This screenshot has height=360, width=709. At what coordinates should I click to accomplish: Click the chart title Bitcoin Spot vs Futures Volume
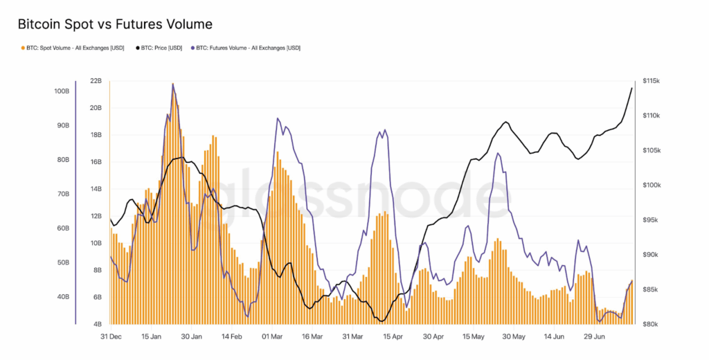coord(115,24)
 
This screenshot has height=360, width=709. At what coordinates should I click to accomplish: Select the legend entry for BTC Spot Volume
coord(73,48)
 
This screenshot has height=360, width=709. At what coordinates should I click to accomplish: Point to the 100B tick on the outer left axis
coord(62,91)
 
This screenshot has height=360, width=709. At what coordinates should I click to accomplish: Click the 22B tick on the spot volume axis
coord(96,81)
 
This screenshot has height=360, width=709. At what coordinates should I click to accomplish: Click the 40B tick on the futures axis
coord(62,297)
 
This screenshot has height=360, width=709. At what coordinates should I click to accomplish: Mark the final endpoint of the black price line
coord(631,88)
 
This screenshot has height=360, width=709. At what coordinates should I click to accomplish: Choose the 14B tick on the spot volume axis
coord(96,189)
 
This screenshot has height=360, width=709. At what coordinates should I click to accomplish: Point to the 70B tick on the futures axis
coord(62,195)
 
